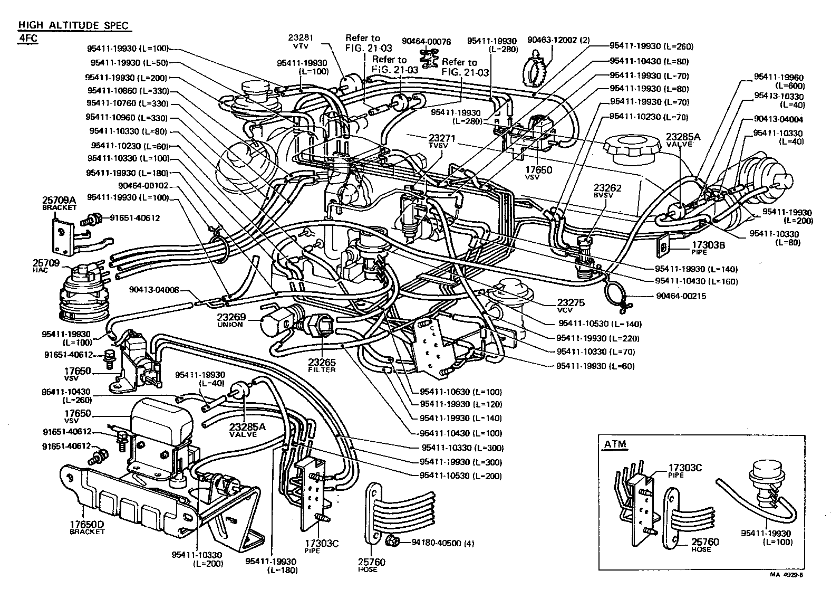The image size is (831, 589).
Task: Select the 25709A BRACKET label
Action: [59, 203]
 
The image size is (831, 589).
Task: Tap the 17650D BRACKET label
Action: [86, 527]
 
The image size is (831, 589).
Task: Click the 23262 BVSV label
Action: [607, 191]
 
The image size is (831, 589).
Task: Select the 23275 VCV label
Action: [571, 306]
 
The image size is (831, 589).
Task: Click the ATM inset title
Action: [614, 444]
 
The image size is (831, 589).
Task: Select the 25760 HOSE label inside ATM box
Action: [705, 545]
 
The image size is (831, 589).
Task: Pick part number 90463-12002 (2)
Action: [558, 40]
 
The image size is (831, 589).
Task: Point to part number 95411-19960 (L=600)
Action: [778, 81]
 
